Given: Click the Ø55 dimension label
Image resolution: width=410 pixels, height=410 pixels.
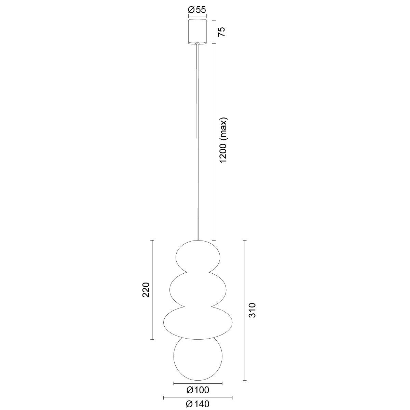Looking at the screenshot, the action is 197,10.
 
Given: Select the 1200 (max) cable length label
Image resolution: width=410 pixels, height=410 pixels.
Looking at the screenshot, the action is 223,140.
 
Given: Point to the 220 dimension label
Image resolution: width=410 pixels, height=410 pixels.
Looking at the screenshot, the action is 146,290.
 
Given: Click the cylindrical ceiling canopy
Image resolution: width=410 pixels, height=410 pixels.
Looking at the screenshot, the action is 197,32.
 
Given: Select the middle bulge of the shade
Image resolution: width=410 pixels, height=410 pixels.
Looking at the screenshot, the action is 198,290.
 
